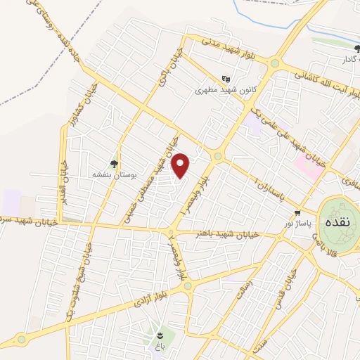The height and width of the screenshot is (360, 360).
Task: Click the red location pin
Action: coord(181,166)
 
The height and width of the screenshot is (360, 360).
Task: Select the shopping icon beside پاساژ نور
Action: coord(298,212)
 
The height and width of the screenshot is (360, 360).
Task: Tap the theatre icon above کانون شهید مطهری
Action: coord(225,79)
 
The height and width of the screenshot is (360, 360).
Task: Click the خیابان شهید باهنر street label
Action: coord(217,233)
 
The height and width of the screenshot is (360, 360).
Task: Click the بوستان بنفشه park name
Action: coord(112,173)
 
